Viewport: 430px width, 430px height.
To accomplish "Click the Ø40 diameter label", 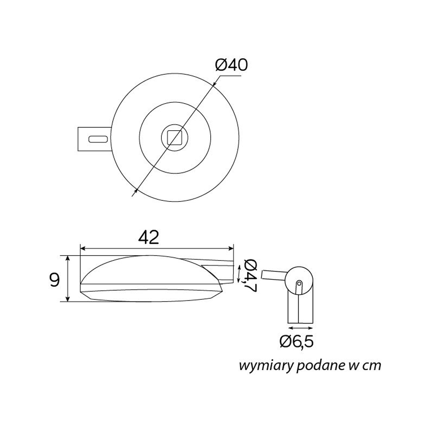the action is (x=231, y=65).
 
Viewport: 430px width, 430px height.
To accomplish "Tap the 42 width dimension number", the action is (x=149, y=237).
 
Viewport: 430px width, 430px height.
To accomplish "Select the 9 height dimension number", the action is (x=54, y=280).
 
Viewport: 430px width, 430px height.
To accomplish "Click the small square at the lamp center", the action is (x=175, y=138).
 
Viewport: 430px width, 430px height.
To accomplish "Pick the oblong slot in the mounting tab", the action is (x=98, y=139).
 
